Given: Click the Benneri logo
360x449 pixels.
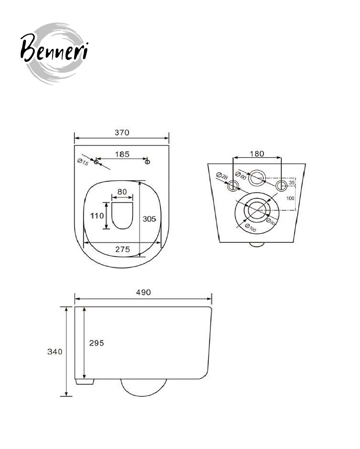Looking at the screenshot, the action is [54, 53].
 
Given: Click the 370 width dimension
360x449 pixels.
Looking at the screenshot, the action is [122, 132].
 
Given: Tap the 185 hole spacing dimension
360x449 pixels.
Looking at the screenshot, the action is [122, 154].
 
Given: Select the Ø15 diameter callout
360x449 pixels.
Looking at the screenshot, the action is [83, 162].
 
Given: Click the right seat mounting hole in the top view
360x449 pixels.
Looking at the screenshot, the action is [147, 162].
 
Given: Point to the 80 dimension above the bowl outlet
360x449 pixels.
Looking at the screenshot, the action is [122, 192].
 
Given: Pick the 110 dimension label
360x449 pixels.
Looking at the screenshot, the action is [97, 216].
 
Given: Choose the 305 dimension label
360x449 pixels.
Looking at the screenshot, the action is [149, 219].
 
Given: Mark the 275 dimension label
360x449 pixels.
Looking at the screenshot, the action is [122, 249].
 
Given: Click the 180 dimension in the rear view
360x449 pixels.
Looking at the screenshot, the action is [257, 154].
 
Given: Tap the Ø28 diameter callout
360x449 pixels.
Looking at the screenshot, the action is [222, 176].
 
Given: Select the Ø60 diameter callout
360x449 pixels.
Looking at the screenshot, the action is [241, 175].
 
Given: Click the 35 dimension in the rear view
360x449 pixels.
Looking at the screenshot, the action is [292, 182].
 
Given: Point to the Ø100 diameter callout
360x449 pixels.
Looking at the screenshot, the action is [250, 228].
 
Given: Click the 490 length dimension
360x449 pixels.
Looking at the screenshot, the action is [143, 292].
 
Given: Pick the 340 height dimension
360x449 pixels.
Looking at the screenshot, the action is [55, 352].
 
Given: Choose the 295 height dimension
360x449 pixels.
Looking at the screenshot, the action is [97, 343].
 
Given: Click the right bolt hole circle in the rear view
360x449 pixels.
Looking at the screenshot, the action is [281, 185].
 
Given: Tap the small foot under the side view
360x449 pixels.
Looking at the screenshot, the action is [85, 382].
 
